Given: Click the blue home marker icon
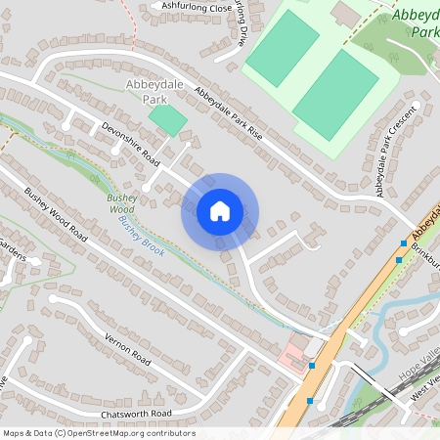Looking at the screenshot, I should click(x=220, y=210).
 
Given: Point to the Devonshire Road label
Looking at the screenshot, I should click(x=130, y=142).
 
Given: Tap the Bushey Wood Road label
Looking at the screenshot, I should click(x=56, y=215).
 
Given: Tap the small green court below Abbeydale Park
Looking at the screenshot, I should click(x=167, y=120).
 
